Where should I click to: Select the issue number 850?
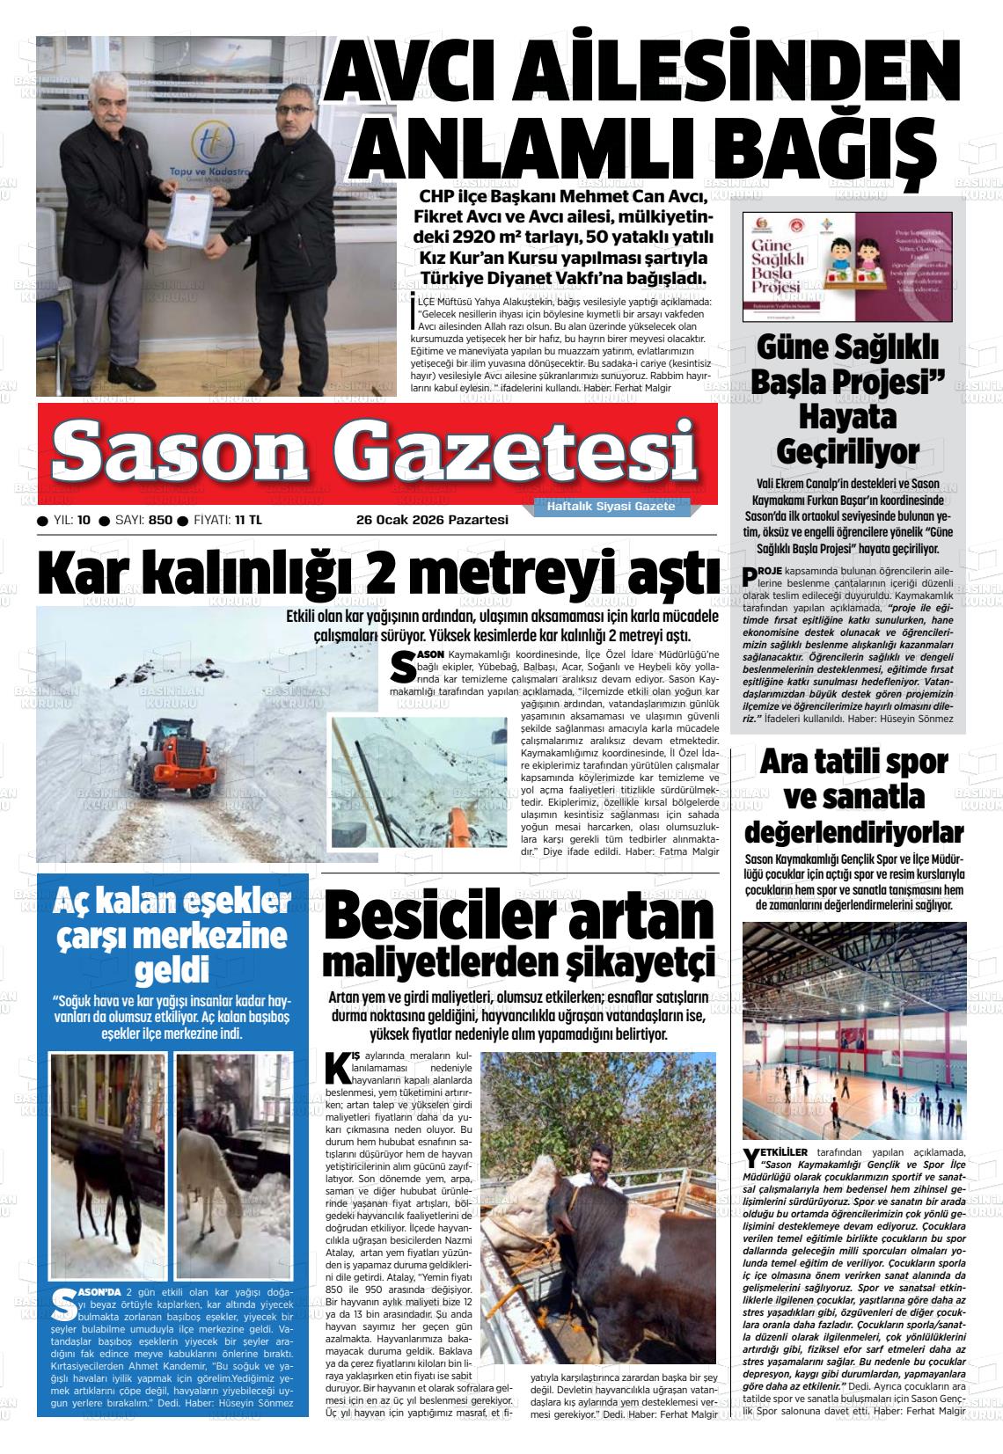160,520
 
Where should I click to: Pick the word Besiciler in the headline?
441,917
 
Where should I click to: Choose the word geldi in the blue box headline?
172,970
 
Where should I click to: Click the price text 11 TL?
248,520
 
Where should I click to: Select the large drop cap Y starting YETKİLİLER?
750,1154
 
